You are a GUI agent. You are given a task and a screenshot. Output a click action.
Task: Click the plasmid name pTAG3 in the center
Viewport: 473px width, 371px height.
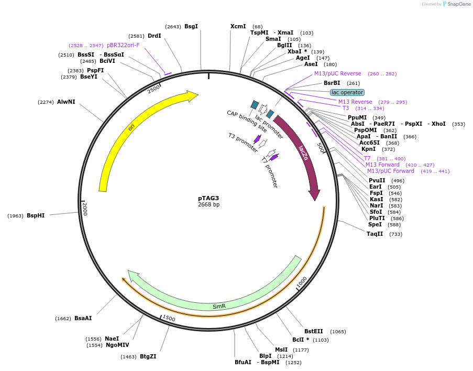tap(208, 198)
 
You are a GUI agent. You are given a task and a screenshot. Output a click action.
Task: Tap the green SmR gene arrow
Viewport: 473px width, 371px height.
tap(219, 306)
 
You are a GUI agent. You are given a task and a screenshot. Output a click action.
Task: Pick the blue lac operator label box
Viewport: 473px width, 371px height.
tap(347, 92)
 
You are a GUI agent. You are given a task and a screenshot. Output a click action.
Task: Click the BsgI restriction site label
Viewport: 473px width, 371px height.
tap(191, 26)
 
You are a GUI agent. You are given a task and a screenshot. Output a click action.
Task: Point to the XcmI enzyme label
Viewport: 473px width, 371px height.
tap(238, 26)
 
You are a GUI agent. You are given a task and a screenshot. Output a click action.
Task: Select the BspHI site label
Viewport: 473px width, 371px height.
tap(36, 215)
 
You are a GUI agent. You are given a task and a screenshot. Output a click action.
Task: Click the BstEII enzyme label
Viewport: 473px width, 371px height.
tap(314, 331)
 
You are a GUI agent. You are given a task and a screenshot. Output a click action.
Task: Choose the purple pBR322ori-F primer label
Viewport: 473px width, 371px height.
tap(123, 45)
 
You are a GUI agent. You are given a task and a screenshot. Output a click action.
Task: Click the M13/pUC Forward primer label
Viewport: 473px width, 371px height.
tap(390, 171)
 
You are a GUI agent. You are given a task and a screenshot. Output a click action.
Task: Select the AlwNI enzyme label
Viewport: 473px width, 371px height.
tap(66, 102)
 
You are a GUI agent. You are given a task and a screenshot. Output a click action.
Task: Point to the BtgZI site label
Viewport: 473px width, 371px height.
tap(148, 356)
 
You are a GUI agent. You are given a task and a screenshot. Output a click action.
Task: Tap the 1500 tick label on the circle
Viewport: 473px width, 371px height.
tap(169, 318)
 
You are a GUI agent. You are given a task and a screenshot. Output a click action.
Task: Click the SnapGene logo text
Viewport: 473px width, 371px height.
tap(458, 4)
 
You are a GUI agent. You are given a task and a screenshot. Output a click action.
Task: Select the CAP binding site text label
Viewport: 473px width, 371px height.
tap(247, 121)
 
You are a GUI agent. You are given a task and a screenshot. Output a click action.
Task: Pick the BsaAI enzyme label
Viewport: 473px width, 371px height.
tap(83, 318)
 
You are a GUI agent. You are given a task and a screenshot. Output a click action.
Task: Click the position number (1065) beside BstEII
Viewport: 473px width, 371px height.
tap(338, 331)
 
